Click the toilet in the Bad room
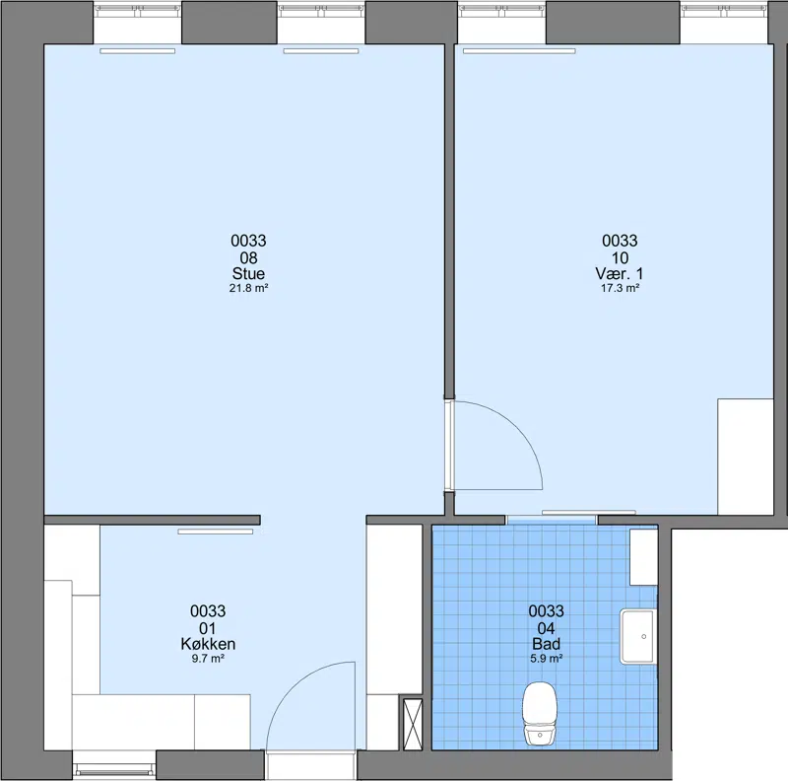click(x=540, y=713)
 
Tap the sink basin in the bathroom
click(x=638, y=637)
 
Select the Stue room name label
click(x=248, y=274)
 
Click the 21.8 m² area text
click(x=248, y=288)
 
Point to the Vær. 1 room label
click(x=620, y=274)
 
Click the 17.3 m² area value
click(x=620, y=288)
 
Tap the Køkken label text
click(x=208, y=644)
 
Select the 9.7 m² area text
click(x=208, y=659)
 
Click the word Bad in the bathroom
click(x=546, y=644)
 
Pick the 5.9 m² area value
click(x=546, y=659)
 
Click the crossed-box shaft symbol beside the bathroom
click(x=413, y=724)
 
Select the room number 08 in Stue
click(x=248, y=258)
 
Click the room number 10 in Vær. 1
click(x=620, y=258)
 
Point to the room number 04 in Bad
click(x=546, y=628)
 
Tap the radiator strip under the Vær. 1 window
click(x=519, y=51)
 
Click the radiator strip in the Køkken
click(x=216, y=532)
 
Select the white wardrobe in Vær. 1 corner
click(x=746, y=457)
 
